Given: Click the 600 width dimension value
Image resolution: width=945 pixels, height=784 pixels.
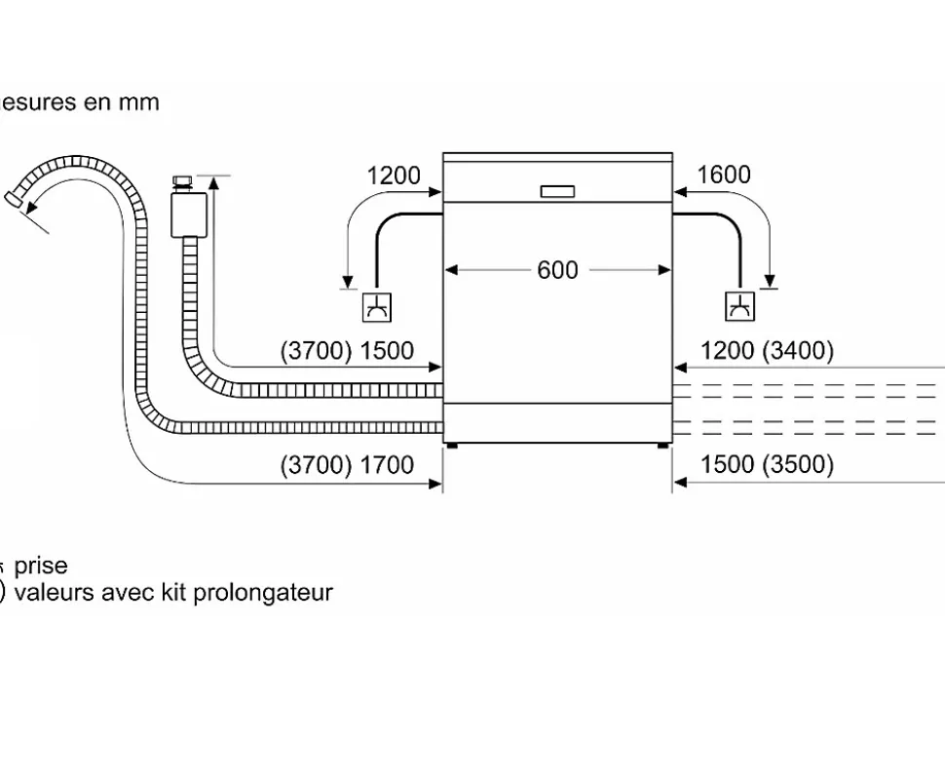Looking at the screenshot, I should click(x=557, y=270).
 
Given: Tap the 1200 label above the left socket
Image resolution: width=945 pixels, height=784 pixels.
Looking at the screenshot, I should click(x=394, y=176).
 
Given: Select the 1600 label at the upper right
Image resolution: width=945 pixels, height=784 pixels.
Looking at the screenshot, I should click(x=724, y=175).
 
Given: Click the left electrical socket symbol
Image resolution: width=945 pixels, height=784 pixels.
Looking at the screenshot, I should click(x=376, y=307).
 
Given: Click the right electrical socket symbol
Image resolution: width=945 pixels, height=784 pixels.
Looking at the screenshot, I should click(x=739, y=307).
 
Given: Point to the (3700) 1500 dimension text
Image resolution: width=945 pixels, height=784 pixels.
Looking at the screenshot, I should click(x=347, y=351).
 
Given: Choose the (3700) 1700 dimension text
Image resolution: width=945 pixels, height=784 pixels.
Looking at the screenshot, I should click(x=347, y=466).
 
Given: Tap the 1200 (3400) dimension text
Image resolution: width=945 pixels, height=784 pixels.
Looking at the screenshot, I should click(x=768, y=351).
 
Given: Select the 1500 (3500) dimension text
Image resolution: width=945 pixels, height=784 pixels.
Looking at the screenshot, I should click(x=768, y=465).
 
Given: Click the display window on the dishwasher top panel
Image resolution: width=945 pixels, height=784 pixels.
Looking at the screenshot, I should click(x=558, y=191).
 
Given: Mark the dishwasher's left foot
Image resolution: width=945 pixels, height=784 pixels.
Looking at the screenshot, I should click(x=451, y=446).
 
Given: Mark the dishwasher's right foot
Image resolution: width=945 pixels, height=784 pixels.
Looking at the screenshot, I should click(x=663, y=446).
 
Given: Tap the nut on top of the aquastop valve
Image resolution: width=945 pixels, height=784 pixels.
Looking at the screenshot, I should click(x=182, y=180).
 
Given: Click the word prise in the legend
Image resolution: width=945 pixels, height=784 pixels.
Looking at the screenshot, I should click(x=41, y=566).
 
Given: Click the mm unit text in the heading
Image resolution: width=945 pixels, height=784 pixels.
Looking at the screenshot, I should click(x=139, y=102).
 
